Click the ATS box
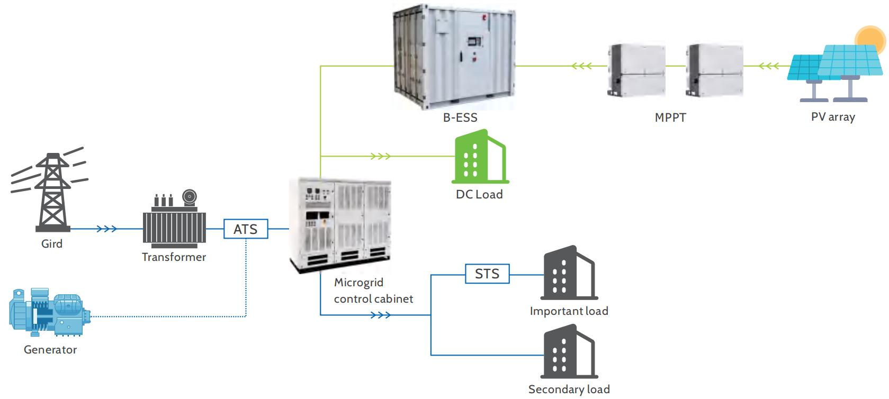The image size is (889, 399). [x=245, y=229]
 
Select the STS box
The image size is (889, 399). [x=487, y=274]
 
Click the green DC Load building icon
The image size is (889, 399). [x=479, y=157]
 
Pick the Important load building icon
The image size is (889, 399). [x=568, y=274]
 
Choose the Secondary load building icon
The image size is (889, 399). [x=568, y=352]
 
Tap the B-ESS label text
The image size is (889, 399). [x=460, y=117]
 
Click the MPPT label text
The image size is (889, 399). [x=670, y=117]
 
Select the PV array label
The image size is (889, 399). [x=833, y=117]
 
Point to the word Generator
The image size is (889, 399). [x=50, y=350]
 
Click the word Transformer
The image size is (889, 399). [x=174, y=257]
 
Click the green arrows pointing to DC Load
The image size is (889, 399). [x=380, y=157]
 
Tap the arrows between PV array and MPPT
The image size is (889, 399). [x=768, y=66]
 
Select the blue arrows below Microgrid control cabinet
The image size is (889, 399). [x=380, y=315]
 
